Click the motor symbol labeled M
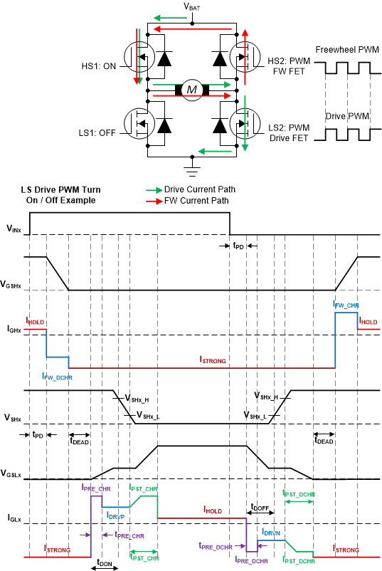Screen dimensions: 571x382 coord(191,89)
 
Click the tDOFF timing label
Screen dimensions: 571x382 coord(261,508)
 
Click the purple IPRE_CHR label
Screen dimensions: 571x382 coord(96,489)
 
